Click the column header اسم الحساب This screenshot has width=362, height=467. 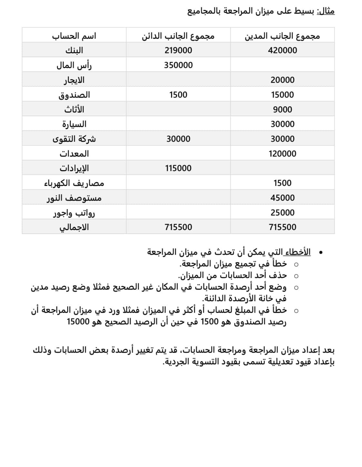click(x=74, y=35)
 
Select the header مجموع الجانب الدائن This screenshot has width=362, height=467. click(x=178, y=35)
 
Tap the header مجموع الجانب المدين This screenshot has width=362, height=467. click(x=282, y=35)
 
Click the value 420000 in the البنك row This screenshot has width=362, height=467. click(x=282, y=50)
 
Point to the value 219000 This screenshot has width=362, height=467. click(x=178, y=50)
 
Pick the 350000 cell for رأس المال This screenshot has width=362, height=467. click(x=178, y=65)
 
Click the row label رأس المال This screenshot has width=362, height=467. click(x=74, y=65)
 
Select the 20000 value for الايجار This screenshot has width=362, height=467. click(x=282, y=80)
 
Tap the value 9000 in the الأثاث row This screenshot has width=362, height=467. click(x=282, y=110)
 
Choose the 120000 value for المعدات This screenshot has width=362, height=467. click(x=282, y=154)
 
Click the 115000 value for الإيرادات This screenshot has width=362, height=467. click(x=178, y=168)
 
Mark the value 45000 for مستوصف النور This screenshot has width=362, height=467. click(x=282, y=198)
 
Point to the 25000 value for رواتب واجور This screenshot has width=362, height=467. click(x=282, y=213)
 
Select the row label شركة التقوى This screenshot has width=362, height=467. click(x=74, y=139)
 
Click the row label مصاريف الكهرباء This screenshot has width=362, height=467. click(x=74, y=183)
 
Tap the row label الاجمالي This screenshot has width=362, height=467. click(x=74, y=227)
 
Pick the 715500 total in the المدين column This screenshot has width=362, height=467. click(x=282, y=227)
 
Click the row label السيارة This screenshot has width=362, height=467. click(x=74, y=124)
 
